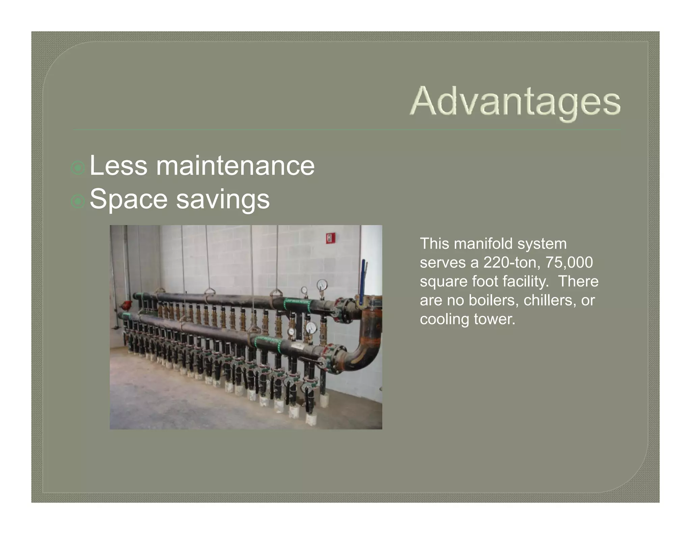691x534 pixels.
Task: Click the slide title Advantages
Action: pyautogui.click(x=515, y=101)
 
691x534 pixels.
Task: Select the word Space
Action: pyautogui.click(x=129, y=199)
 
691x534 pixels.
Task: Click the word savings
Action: pyautogui.click(x=223, y=200)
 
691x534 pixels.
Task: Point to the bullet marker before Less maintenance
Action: pyautogui.click(x=78, y=168)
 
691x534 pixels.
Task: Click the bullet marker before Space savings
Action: pyautogui.click(x=78, y=202)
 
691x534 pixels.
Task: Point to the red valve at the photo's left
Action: pyautogui.click(x=127, y=305)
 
